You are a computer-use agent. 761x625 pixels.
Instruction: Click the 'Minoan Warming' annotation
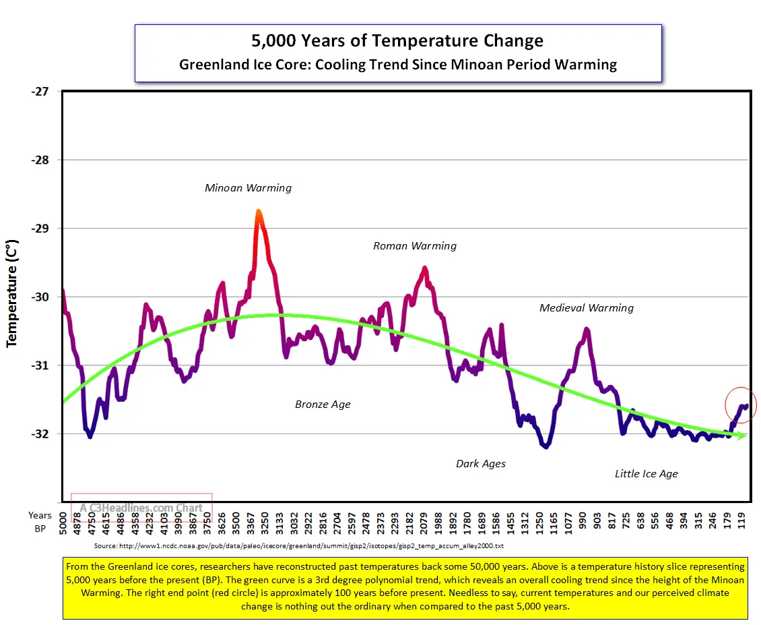pyautogui.click(x=249, y=188)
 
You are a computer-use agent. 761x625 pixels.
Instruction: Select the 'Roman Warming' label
pyautogui.click(x=415, y=246)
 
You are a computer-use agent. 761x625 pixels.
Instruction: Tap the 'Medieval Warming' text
pyautogui.click(x=587, y=308)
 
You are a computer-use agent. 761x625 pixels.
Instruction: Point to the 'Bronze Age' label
pyautogui.click(x=323, y=405)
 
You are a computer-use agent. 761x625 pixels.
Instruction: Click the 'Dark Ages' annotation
pyautogui.click(x=481, y=464)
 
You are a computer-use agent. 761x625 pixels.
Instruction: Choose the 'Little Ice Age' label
pyautogui.click(x=647, y=474)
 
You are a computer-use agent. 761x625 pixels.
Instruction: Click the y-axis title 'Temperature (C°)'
pyautogui.click(x=11, y=295)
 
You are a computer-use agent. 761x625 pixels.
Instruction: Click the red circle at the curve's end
pyautogui.click(x=741, y=405)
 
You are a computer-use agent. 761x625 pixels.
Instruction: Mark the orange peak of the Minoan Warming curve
pyautogui.click(x=258, y=214)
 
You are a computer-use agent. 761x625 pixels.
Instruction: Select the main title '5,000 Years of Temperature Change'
pyautogui.click(x=397, y=40)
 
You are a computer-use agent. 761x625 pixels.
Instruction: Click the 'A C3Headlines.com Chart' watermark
pyautogui.click(x=141, y=508)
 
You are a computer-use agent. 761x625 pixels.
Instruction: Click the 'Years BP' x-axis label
pyautogui.click(x=40, y=523)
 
